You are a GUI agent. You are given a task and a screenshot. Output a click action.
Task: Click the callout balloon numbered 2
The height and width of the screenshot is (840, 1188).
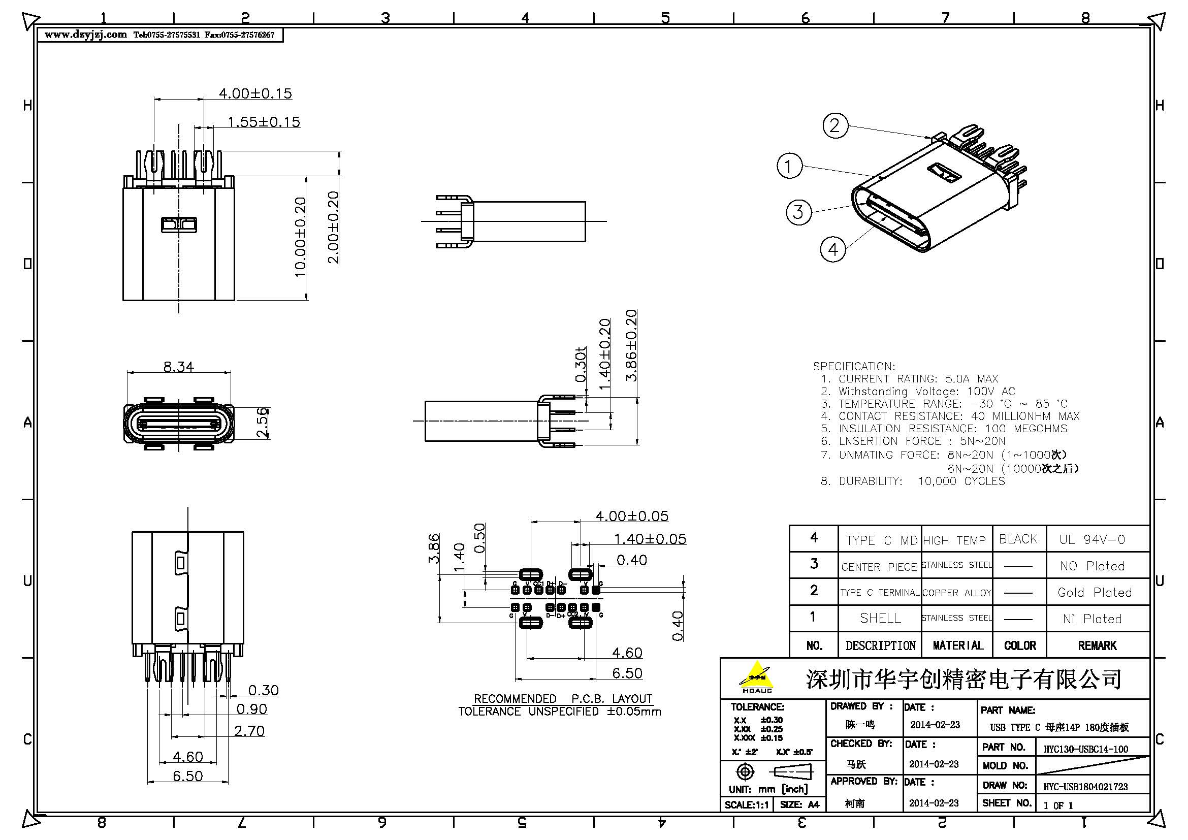835,125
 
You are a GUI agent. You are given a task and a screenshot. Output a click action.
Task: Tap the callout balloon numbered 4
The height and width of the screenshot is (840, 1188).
833,250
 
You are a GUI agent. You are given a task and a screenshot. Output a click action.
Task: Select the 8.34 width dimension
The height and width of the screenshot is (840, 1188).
178,367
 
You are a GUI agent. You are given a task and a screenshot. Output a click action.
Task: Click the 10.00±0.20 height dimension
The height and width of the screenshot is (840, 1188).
300,237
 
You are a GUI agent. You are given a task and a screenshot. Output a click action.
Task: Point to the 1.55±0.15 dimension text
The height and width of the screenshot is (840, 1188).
264,122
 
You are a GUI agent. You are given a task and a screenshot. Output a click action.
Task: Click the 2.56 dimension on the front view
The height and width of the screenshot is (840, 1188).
264,423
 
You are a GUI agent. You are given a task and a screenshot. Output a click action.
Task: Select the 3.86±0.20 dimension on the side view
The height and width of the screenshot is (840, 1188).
632,345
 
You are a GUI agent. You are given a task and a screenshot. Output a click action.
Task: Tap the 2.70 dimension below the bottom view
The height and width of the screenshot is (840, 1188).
249,731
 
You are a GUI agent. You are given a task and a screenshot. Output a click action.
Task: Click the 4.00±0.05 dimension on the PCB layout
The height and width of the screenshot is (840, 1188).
632,516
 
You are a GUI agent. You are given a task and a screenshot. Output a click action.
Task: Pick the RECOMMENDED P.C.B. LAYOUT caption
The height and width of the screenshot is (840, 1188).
563,699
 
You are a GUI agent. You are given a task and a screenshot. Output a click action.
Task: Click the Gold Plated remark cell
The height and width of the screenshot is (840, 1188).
1095,592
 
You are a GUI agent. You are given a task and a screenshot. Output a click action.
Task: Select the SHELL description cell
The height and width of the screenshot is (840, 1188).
880,618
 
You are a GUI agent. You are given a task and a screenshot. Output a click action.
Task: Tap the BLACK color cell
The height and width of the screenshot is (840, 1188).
1018,539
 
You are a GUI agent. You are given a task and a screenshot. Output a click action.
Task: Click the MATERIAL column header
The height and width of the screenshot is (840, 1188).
958,645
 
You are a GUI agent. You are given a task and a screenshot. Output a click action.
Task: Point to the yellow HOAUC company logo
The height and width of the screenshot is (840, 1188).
756,677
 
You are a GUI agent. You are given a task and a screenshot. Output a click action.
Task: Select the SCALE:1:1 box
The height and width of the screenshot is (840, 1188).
747,805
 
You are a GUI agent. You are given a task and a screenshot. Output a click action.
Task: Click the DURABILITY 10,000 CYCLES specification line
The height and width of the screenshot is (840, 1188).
913,481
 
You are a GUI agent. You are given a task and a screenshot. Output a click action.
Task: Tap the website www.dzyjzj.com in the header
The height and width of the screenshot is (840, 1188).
86,35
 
